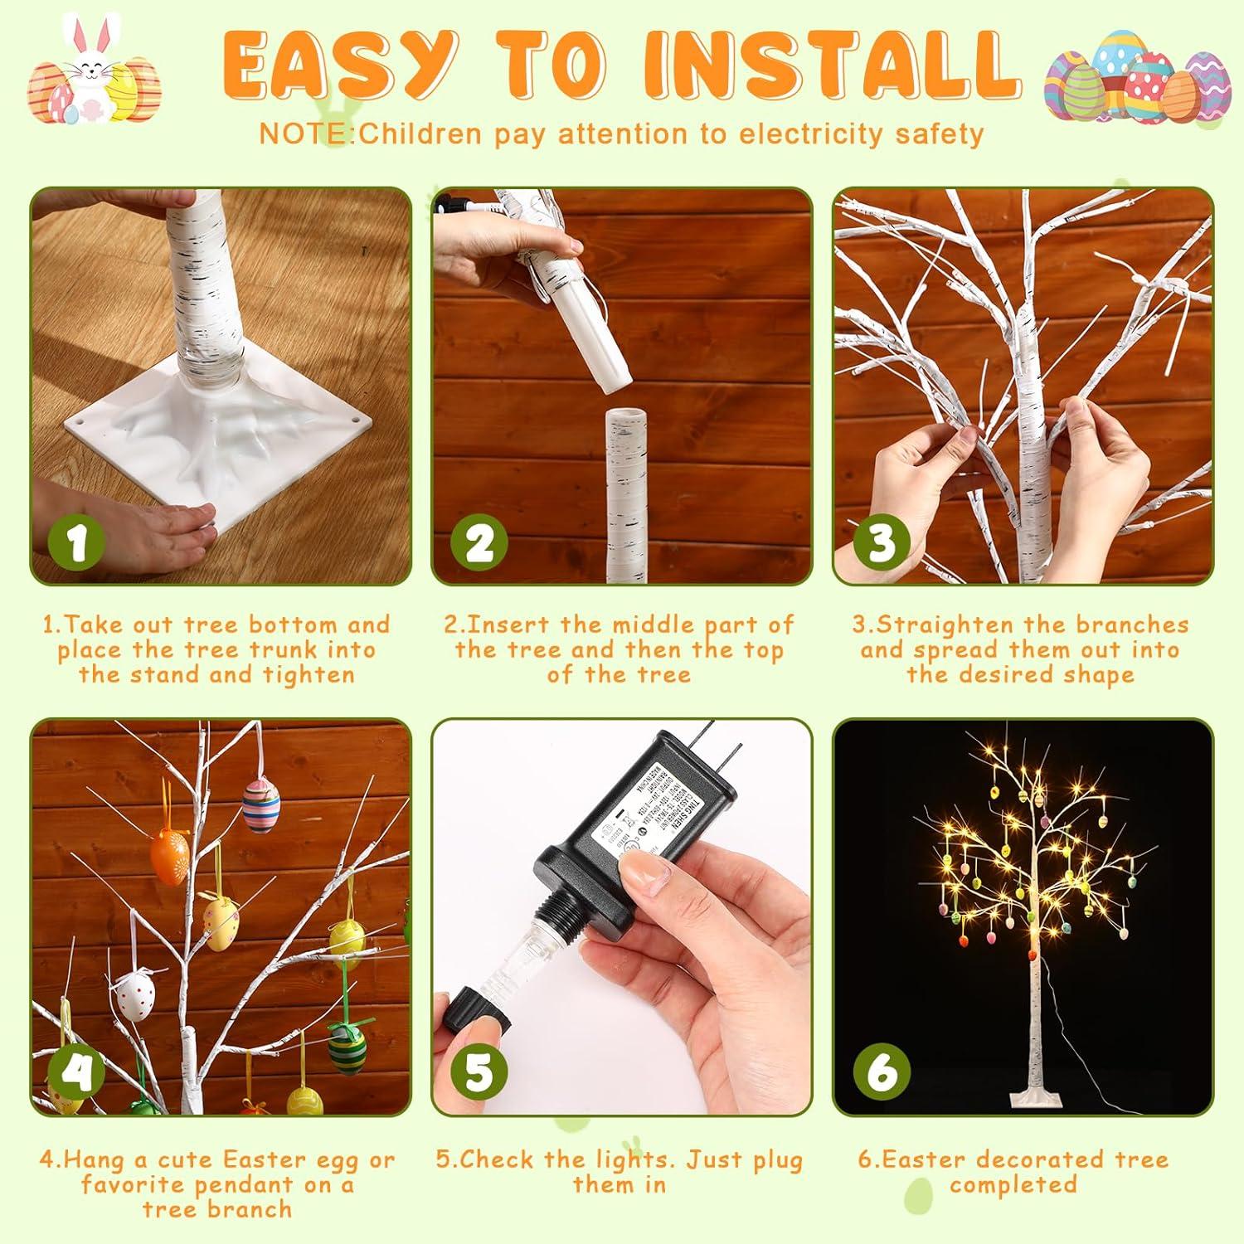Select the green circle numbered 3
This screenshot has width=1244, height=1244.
pos(881,542)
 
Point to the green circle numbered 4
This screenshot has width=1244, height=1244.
pos(76,1072)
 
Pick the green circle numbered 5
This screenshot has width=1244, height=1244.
pos(479,1072)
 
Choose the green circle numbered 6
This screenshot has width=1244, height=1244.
pos(881,1072)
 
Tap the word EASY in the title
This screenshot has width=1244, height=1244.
pos(340,65)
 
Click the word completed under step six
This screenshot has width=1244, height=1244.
pos(1013,1184)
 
